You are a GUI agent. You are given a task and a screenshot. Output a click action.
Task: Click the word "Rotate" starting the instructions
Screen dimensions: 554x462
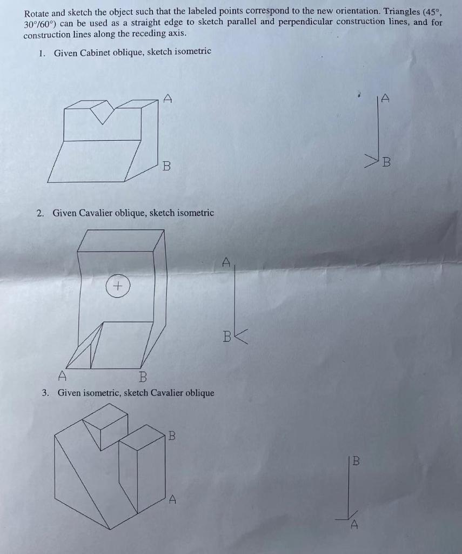(36, 11)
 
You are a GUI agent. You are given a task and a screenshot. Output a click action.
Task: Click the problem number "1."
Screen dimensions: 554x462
(42, 52)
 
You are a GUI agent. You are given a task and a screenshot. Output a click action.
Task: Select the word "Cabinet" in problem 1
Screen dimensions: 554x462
(95, 52)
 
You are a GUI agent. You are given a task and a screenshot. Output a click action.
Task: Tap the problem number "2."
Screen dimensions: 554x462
(41, 213)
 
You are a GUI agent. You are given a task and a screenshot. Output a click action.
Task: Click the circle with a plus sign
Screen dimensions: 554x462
(118, 285)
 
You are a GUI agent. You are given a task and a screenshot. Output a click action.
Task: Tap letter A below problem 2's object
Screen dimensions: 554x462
(63, 375)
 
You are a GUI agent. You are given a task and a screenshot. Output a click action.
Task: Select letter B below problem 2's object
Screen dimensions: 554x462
(143, 377)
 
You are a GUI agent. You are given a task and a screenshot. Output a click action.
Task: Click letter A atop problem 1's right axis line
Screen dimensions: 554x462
(385, 98)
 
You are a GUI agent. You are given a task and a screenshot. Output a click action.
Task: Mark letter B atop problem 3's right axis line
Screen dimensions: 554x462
(355, 461)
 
